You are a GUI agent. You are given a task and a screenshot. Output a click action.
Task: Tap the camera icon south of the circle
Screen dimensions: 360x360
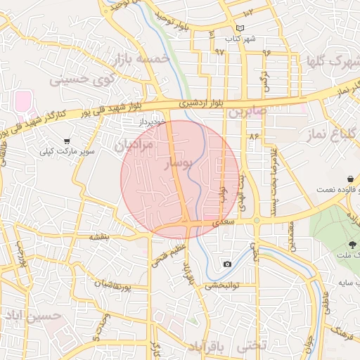point(227,264)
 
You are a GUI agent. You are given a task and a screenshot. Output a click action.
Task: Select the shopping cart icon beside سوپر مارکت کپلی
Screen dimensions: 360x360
point(67,141)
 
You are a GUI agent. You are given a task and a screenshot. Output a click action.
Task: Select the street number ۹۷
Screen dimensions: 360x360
point(219,52)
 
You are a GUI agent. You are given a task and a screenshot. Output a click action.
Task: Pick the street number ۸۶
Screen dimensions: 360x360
point(254,135)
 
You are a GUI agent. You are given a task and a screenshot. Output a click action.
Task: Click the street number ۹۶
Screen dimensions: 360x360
point(266,52)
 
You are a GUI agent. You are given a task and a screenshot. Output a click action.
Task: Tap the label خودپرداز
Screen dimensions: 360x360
point(151,122)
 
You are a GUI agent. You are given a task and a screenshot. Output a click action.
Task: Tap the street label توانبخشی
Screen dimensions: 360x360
point(223,286)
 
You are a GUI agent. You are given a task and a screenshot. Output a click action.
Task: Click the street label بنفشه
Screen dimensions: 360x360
point(98,238)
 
